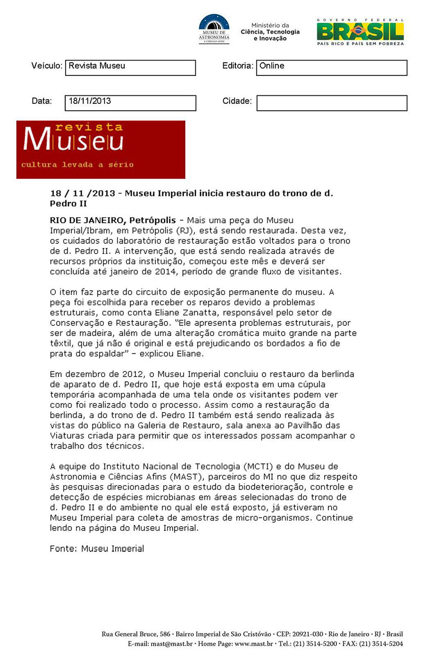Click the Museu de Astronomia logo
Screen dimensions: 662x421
click(214, 29)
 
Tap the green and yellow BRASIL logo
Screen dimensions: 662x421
click(360, 31)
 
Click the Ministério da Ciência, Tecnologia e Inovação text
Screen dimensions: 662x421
click(270, 32)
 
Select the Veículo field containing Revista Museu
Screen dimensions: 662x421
click(130, 67)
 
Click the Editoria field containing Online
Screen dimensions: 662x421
click(332, 67)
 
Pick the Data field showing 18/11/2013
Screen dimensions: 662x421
click(130, 103)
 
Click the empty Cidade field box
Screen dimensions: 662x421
click(332, 103)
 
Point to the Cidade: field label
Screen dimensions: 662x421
click(237, 101)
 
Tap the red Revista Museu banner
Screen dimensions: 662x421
click(101, 149)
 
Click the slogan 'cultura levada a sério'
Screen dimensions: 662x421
click(77, 165)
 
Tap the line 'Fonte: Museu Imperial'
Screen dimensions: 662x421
click(97, 549)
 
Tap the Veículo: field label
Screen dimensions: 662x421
click(47, 66)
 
